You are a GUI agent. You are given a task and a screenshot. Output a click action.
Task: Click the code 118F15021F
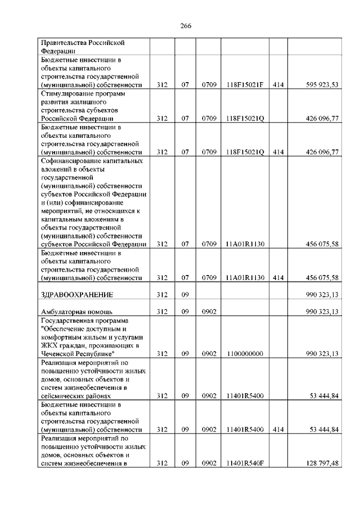(x=245, y=85)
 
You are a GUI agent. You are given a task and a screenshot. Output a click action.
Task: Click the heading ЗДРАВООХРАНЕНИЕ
(x=78, y=295)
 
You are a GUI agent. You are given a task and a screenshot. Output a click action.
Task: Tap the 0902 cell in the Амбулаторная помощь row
(x=209, y=312)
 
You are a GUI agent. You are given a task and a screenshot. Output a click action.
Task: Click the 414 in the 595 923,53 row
(x=278, y=85)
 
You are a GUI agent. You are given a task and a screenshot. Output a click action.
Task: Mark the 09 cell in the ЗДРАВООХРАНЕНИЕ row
(x=184, y=295)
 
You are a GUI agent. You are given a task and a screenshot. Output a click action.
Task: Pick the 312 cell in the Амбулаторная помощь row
(x=163, y=312)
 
